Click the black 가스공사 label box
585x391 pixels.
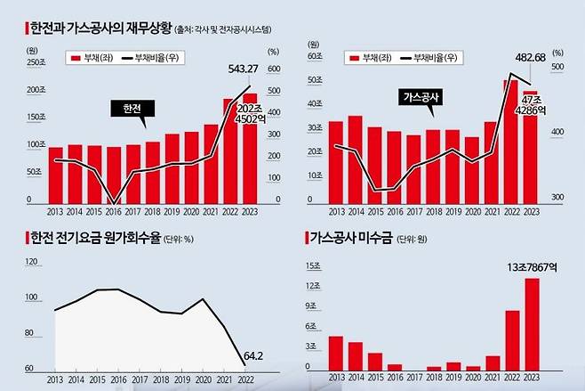point(423,96)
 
